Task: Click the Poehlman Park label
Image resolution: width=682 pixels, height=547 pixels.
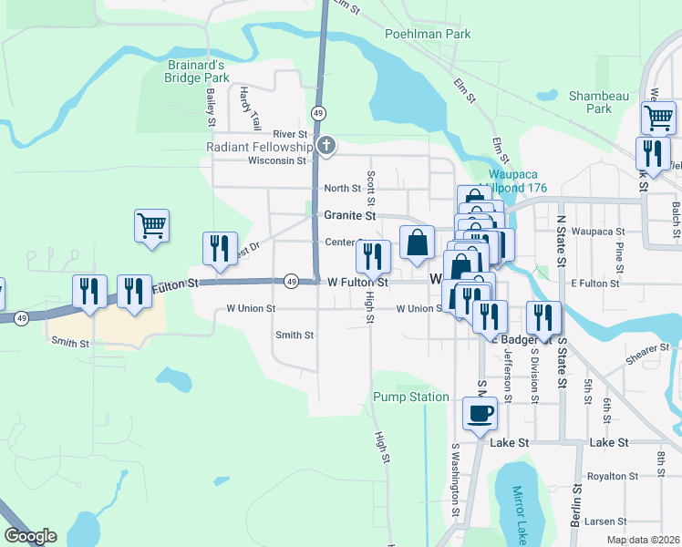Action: coord(428,34)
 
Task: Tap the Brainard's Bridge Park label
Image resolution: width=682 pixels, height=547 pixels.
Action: coord(198,72)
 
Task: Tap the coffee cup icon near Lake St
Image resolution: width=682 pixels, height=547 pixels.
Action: coord(480,414)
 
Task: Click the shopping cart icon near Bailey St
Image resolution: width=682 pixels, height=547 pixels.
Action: coord(151,224)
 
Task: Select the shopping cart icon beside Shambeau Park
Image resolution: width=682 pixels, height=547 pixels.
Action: coord(657,118)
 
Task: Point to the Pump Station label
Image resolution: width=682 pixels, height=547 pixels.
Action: coord(410,397)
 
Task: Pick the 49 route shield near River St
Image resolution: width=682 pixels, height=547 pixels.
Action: coord(318,113)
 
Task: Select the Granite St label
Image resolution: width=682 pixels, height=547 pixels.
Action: coord(350,216)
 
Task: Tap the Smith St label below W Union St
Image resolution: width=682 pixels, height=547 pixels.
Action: coord(294,335)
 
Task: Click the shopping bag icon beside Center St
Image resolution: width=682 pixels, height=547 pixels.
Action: coord(417,243)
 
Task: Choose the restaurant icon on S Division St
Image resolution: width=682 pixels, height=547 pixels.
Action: coord(543,317)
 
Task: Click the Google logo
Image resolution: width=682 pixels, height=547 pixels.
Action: coord(30,536)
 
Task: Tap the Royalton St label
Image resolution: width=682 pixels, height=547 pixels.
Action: coord(612,476)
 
